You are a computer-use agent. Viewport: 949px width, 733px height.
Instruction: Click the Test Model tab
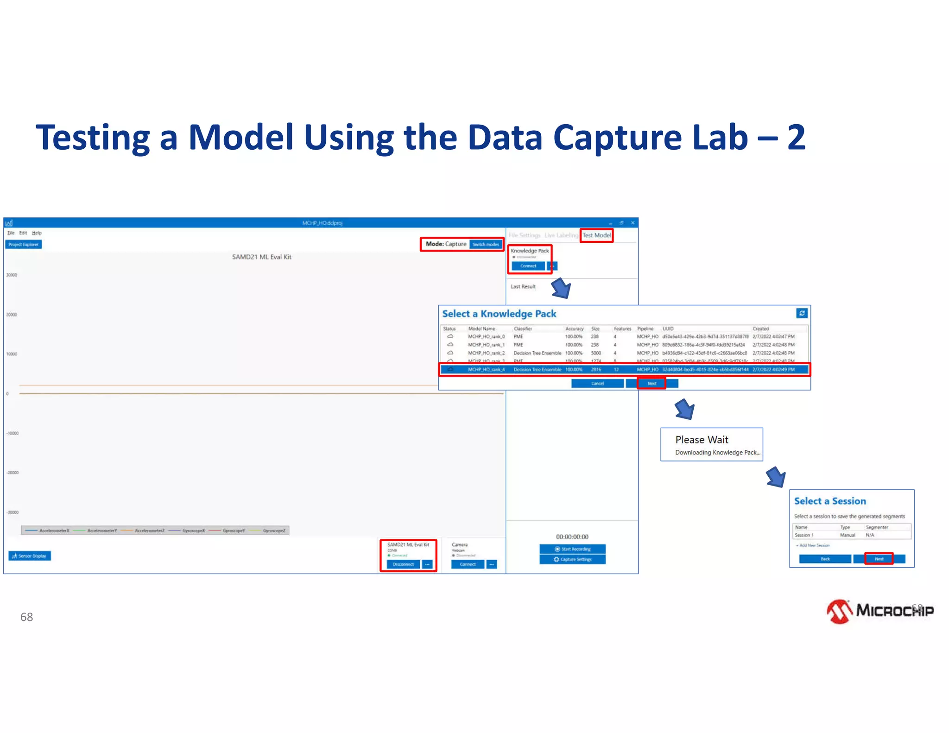point(596,235)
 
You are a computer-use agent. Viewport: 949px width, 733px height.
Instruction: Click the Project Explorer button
point(24,244)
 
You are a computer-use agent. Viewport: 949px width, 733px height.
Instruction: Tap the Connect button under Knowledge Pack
point(528,266)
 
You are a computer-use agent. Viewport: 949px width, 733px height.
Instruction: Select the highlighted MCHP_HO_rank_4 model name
point(486,369)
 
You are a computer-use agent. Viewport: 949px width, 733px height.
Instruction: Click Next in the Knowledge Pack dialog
point(652,383)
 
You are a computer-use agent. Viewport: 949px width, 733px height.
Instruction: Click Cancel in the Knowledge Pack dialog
point(597,383)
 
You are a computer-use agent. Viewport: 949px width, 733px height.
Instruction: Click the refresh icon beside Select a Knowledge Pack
point(802,313)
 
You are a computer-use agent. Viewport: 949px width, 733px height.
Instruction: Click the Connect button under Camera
point(468,564)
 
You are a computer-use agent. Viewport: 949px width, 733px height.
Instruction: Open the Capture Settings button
point(572,559)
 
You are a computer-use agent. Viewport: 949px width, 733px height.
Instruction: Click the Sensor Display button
point(30,556)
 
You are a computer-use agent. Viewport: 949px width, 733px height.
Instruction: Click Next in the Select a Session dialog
point(879,559)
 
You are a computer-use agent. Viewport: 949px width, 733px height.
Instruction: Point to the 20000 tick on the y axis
point(12,315)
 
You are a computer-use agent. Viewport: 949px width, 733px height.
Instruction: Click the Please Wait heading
point(702,440)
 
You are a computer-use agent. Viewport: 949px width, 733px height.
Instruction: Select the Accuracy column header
point(574,329)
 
